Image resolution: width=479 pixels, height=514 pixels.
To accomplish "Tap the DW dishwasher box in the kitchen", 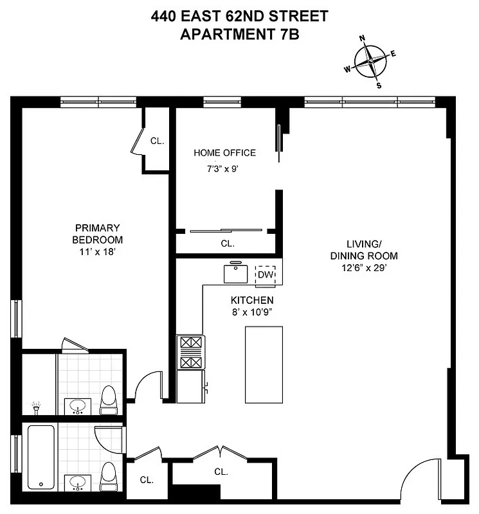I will click(266, 275).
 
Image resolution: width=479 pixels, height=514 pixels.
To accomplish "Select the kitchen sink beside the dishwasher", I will click(236, 273).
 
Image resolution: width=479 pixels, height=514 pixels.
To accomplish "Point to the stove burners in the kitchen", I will click(190, 353).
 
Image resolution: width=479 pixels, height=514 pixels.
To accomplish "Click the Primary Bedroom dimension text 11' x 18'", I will click(98, 253).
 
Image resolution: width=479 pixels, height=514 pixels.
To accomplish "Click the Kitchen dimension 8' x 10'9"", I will click(252, 313).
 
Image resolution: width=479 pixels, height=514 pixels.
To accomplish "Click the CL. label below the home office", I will click(228, 244).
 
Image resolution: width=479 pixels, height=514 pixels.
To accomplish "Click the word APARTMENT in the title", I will click(221, 34).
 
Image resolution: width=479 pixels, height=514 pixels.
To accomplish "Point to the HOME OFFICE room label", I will click(224, 153).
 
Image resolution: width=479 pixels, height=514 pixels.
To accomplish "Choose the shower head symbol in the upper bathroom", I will click(36, 407).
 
